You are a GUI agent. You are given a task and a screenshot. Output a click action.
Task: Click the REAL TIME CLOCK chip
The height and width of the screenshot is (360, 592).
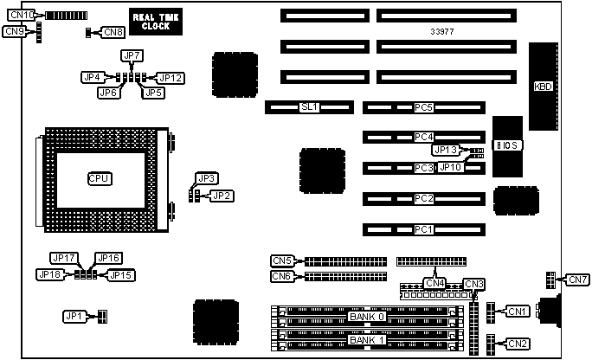156,21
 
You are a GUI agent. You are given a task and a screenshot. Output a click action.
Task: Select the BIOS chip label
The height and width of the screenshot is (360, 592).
508,145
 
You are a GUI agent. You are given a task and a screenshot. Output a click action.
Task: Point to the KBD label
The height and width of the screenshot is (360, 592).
544,86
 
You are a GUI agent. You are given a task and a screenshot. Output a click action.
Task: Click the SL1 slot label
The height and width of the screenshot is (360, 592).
309,107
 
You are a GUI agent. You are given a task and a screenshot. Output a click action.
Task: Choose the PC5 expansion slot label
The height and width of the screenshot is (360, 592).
423,107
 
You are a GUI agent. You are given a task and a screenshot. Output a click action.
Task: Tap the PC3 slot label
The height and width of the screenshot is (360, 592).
423,168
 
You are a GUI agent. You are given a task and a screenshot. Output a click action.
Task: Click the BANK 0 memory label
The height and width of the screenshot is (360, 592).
366,318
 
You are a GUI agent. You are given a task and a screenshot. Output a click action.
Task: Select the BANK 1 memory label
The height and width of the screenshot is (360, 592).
366,340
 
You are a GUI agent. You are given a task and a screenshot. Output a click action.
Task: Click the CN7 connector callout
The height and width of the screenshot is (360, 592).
577,280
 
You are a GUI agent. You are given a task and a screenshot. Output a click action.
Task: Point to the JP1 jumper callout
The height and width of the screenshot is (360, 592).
75,316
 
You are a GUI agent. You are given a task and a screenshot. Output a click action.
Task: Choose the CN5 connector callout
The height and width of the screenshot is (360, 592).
282,260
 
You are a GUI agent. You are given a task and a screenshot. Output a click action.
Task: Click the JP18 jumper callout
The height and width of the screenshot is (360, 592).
49,274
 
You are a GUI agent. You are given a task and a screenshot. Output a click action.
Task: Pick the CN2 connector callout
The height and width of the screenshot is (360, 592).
518,344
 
